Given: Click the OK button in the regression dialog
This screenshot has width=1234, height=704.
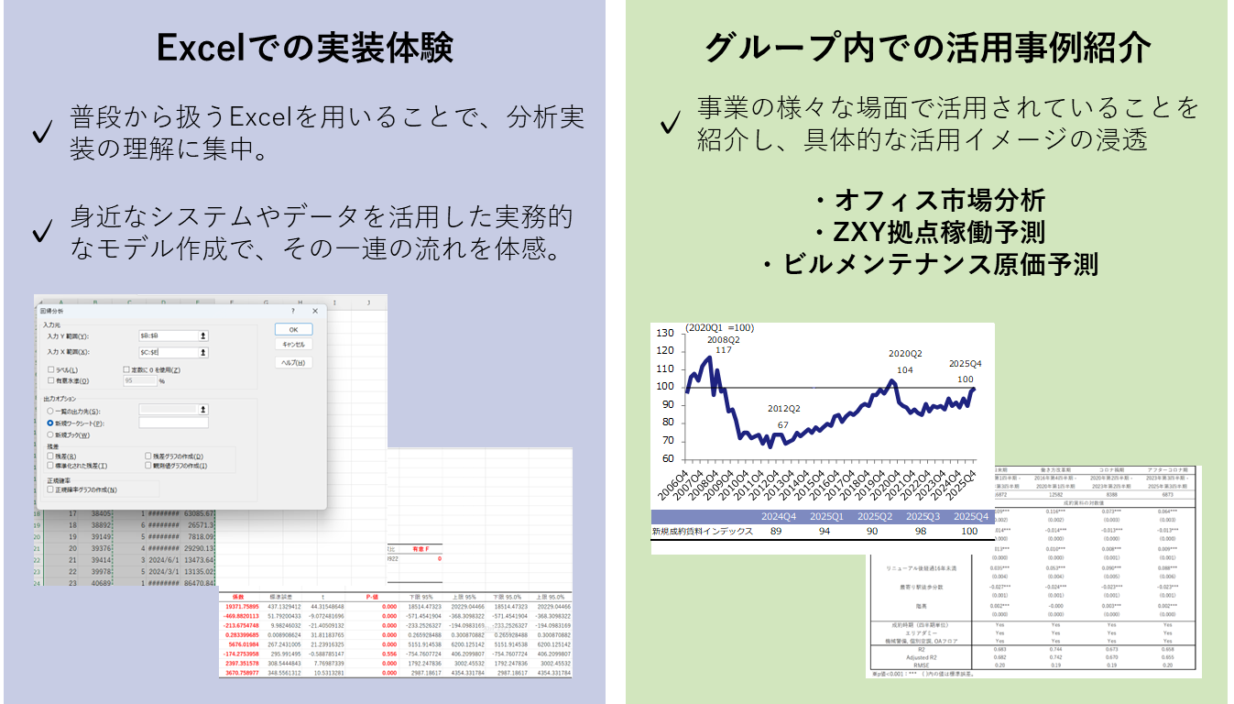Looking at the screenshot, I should pos(293,329).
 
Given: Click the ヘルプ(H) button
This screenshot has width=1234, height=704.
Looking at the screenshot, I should pos(293,362).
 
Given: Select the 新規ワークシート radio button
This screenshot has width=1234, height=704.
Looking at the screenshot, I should pos(50,423).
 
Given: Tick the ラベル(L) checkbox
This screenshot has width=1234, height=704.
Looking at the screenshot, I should pos(50,369).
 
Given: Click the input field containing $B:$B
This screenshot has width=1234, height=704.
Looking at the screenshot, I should pos(168,336).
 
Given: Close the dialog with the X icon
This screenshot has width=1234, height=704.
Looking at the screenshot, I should pos(315,312).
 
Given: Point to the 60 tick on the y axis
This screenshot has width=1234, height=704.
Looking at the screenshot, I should pos(667,458).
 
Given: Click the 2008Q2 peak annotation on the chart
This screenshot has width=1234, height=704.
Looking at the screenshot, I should pos(724,339).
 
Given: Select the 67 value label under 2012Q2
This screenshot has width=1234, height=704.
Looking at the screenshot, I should pos(782,424).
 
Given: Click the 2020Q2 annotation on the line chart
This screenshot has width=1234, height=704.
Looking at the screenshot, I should pos(905,354).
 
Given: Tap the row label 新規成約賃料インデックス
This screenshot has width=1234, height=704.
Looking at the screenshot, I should pos(702,532).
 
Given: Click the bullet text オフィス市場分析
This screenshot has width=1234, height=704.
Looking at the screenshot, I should pos(929,202).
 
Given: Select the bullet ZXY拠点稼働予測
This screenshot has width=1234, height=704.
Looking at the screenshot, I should pos(929,233).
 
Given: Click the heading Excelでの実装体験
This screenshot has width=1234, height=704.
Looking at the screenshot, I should pos(304,48).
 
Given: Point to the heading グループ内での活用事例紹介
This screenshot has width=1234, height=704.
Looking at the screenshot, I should pos(928,48).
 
